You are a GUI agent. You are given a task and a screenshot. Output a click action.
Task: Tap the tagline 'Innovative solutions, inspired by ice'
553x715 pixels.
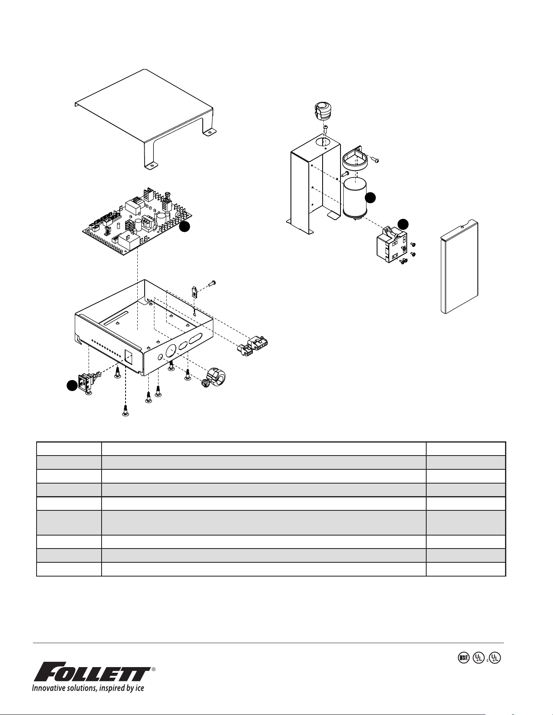coord(89,688)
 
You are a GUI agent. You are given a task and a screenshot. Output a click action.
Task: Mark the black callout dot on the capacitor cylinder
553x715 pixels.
coord(370,198)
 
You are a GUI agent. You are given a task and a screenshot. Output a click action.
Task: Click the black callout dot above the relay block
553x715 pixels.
coord(403,224)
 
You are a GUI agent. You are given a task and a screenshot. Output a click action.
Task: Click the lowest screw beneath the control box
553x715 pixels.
coord(126,411)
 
